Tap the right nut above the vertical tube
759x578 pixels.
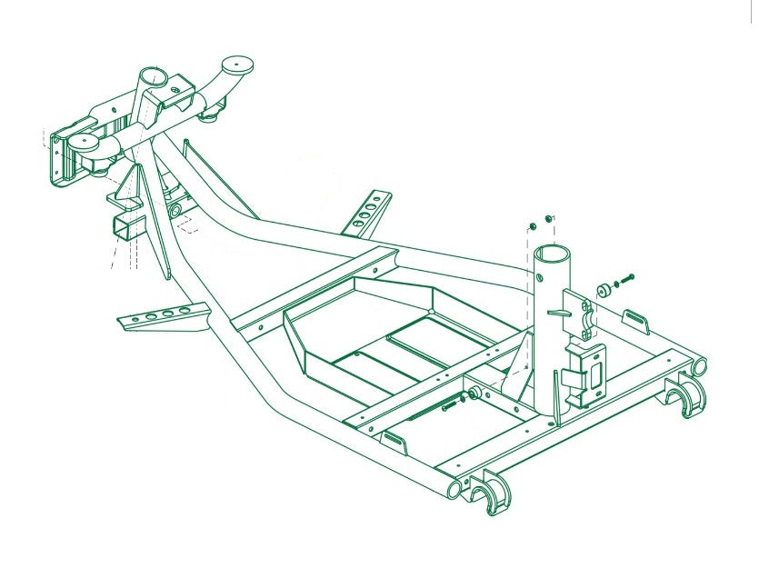[548, 218]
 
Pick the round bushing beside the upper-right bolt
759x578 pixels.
[602, 290]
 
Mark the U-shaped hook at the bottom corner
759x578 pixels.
[490, 496]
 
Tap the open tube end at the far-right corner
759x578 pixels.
[699, 366]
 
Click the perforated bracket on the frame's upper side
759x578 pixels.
[367, 215]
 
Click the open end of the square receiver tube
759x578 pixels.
[122, 228]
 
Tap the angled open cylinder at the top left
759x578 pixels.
[155, 77]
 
